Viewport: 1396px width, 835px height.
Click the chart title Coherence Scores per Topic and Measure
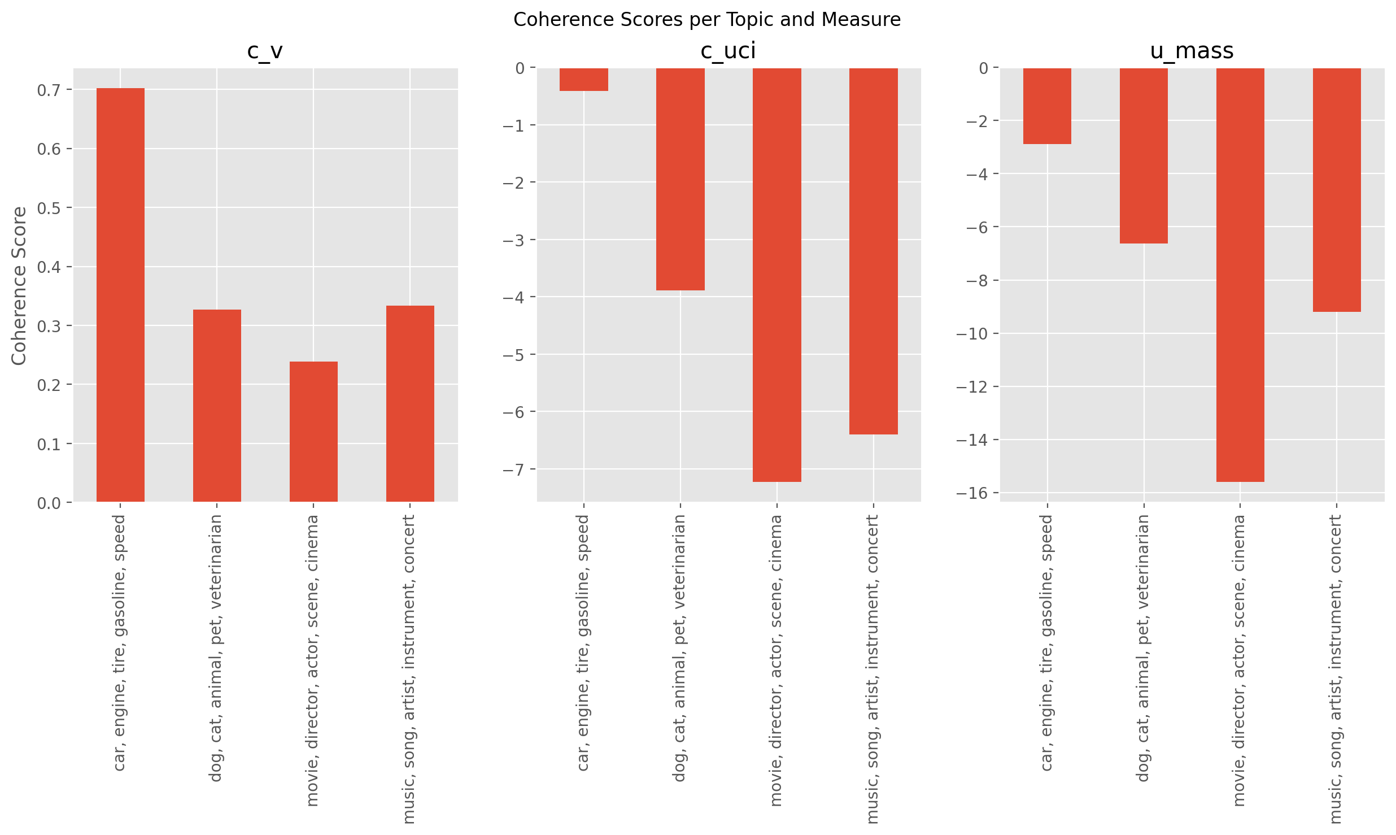(x=706, y=20)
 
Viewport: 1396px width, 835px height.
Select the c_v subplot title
(x=265, y=51)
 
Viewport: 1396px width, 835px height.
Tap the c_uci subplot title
(x=728, y=51)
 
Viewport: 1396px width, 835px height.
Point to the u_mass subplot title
(x=1192, y=51)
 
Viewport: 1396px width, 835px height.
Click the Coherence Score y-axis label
(x=19, y=286)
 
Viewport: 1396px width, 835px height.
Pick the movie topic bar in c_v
(x=313, y=432)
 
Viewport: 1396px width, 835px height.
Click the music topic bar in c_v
(x=410, y=403)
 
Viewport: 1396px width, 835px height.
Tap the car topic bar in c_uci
(x=583, y=80)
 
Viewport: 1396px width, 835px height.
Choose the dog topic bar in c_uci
(x=680, y=179)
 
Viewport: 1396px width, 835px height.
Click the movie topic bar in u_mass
(x=1240, y=275)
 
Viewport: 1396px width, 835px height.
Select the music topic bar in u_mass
(x=1337, y=190)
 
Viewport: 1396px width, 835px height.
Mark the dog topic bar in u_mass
(x=1144, y=156)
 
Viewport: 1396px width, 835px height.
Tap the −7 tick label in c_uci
(x=513, y=469)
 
